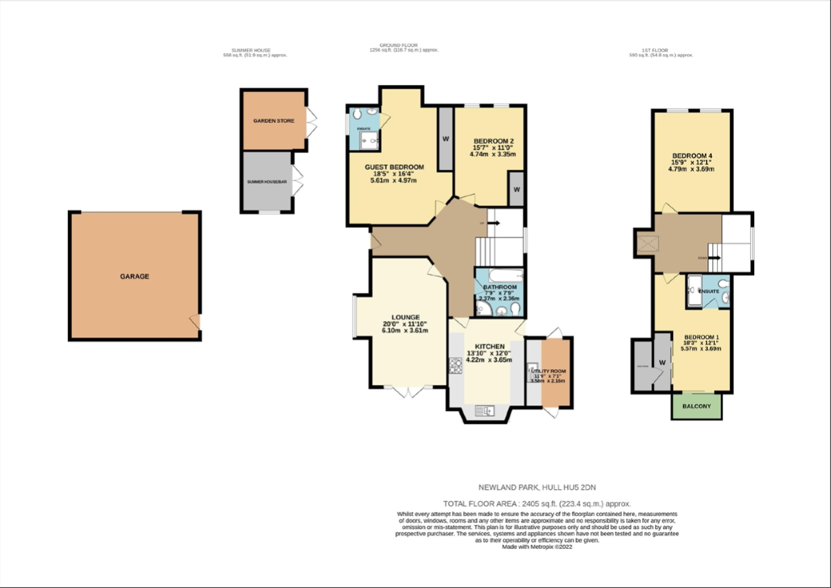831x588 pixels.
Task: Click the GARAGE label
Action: pyautogui.click(x=134, y=277)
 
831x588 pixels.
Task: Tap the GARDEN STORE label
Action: pyautogui.click(x=274, y=121)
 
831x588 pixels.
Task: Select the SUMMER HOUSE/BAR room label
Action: pyautogui.click(x=266, y=182)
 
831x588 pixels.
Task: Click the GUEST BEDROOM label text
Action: pyautogui.click(x=394, y=167)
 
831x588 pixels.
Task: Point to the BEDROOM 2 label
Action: pyautogui.click(x=493, y=141)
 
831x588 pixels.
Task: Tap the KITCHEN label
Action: pyautogui.click(x=490, y=346)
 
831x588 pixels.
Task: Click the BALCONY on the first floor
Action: pyautogui.click(x=697, y=406)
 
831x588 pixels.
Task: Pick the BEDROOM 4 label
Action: pyautogui.click(x=692, y=156)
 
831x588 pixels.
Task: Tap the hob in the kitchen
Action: pyautogui.click(x=456, y=366)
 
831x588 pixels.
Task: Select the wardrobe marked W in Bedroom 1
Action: pyautogui.click(x=662, y=362)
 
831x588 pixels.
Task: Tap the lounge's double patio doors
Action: pyautogui.click(x=408, y=392)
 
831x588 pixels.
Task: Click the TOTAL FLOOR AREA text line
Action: pyautogui.click(x=537, y=504)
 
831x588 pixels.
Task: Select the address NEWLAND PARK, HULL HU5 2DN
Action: pyautogui.click(x=537, y=488)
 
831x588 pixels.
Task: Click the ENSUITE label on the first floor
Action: pyautogui.click(x=709, y=292)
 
